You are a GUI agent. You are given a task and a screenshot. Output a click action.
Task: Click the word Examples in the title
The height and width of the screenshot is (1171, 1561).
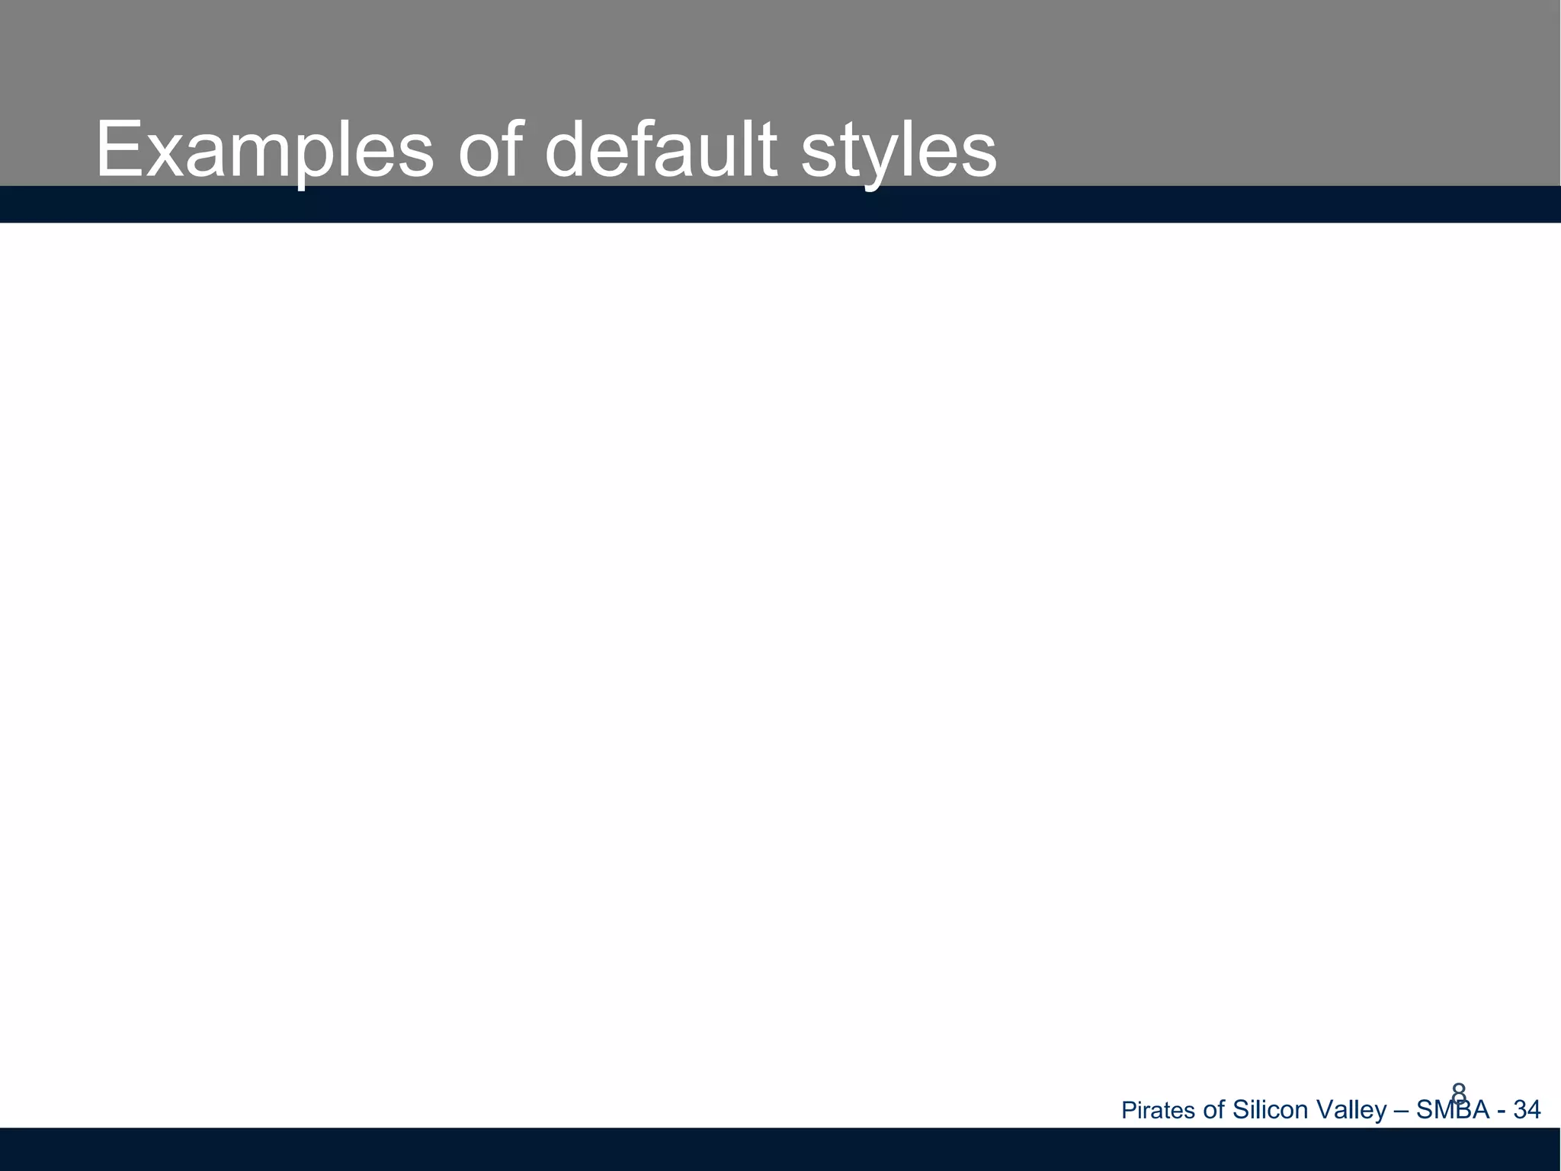pyautogui.click(x=264, y=151)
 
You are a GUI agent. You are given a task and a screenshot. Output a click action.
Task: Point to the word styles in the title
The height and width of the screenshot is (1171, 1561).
pyautogui.click(x=899, y=151)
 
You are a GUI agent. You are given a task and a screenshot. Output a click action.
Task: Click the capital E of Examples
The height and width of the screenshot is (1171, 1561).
pyautogui.click(x=118, y=151)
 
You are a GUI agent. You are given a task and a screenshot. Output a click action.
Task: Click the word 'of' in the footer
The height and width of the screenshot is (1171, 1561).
pyautogui.click(x=1213, y=1110)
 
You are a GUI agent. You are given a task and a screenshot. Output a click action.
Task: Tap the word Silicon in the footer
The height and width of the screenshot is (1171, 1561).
pyautogui.click(x=1271, y=1110)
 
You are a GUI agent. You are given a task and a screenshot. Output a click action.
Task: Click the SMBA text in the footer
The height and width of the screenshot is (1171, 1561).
pyautogui.click(x=1452, y=1110)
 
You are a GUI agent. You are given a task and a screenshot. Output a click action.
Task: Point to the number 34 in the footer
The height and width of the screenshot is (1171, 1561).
pyautogui.click(x=1527, y=1110)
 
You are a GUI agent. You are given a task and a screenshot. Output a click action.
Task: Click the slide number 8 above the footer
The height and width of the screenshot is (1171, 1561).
pyautogui.click(x=1459, y=1091)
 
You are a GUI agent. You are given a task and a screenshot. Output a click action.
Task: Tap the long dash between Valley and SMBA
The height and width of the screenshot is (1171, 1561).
pyautogui.click(x=1401, y=1112)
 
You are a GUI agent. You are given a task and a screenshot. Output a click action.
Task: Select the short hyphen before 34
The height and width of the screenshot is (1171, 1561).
pyautogui.click(x=1501, y=1112)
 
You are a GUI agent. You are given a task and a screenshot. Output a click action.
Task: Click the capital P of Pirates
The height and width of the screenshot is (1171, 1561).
pyautogui.click(x=1128, y=1110)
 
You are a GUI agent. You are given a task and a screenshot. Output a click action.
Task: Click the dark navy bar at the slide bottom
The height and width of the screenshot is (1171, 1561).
pyautogui.click(x=780, y=1149)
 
